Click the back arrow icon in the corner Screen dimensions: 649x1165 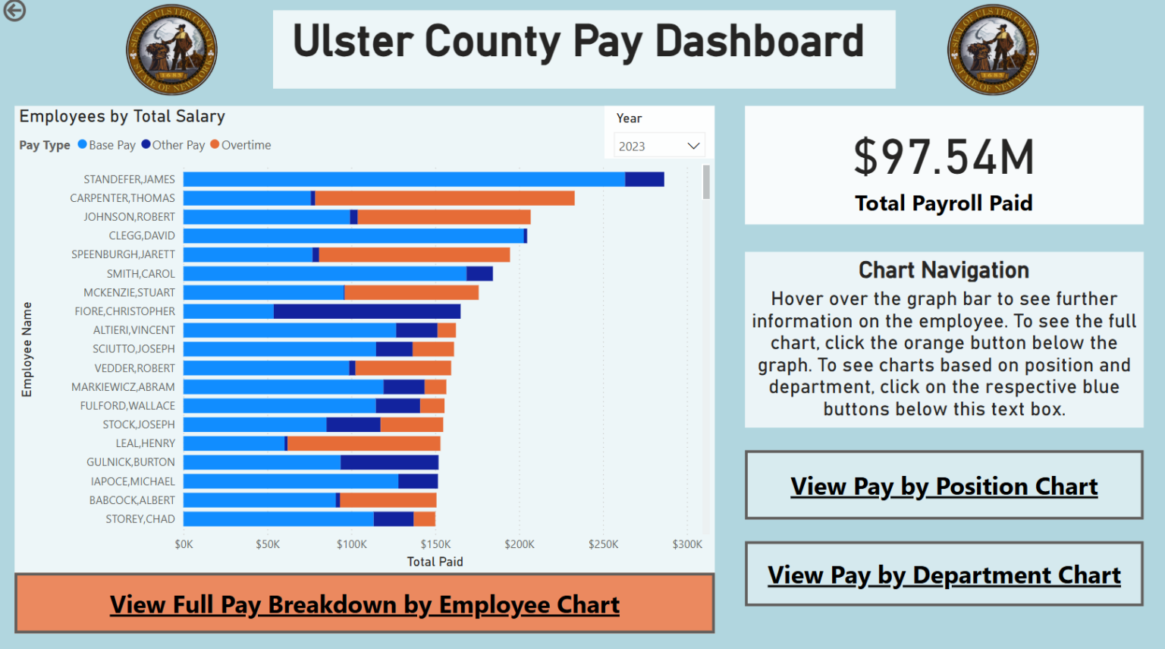click(x=14, y=11)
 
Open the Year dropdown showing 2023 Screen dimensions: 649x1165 click(x=658, y=146)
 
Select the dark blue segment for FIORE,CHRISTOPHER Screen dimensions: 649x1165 click(x=366, y=311)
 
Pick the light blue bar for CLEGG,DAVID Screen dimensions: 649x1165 click(x=353, y=236)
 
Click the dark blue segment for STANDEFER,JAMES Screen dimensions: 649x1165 click(x=644, y=179)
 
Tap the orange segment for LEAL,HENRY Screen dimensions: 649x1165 click(x=363, y=443)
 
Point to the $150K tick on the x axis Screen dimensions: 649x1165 click(x=435, y=544)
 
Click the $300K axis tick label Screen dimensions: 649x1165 click(x=687, y=544)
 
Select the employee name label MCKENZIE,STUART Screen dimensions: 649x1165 click(x=129, y=292)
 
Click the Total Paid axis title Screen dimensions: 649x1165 click(x=435, y=562)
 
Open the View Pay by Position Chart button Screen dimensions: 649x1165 click(x=944, y=486)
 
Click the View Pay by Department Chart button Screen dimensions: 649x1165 click(x=944, y=575)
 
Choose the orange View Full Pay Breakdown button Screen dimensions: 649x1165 click(x=364, y=604)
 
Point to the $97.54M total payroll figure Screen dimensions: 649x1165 click(x=944, y=157)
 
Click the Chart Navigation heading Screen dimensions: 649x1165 click(x=944, y=270)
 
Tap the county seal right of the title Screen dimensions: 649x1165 click(x=992, y=50)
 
